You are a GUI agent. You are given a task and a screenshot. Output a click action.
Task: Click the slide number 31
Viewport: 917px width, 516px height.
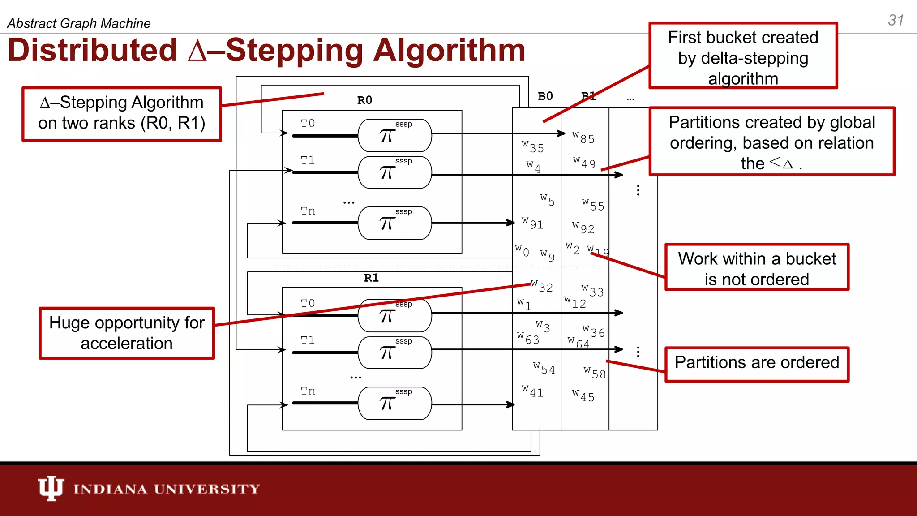tap(896, 20)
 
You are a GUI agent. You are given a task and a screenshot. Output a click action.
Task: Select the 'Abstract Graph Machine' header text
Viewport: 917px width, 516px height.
tap(79, 23)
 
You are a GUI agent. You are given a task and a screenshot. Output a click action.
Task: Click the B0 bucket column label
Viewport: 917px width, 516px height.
tap(545, 96)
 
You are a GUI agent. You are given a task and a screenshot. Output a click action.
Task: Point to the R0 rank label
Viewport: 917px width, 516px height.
tap(364, 100)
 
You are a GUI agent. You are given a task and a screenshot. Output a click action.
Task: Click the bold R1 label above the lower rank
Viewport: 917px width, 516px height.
tap(371, 278)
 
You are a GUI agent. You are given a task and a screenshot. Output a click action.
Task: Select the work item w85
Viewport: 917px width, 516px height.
tap(583, 138)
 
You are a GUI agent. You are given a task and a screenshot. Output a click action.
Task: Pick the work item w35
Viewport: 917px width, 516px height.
tap(533, 146)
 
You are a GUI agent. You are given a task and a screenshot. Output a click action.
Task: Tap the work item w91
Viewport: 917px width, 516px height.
tap(532, 223)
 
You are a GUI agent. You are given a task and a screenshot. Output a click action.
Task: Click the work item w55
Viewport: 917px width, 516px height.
tap(593, 205)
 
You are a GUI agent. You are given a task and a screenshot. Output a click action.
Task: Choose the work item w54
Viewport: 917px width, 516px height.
tap(544, 368)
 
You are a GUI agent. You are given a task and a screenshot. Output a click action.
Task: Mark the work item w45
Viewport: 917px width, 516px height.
tap(583, 396)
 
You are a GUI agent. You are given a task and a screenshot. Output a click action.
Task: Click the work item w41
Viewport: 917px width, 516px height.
tap(532, 391)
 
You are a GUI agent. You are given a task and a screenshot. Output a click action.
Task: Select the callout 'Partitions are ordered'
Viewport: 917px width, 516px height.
tap(757, 363)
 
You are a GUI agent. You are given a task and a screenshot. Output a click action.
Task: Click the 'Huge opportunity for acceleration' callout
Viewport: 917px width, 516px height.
tap(127, 333)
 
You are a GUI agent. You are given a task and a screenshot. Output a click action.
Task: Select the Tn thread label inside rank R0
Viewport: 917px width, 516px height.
tap(308, 211)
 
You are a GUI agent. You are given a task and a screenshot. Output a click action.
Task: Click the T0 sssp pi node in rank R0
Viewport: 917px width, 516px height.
tap(394, 135)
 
